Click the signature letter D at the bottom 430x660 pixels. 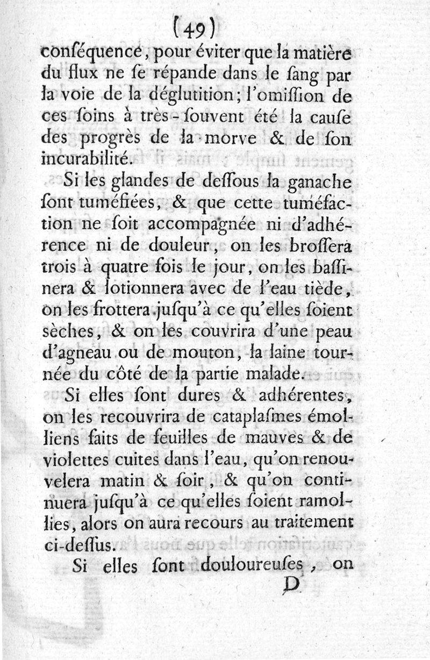[x=291, y=587]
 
